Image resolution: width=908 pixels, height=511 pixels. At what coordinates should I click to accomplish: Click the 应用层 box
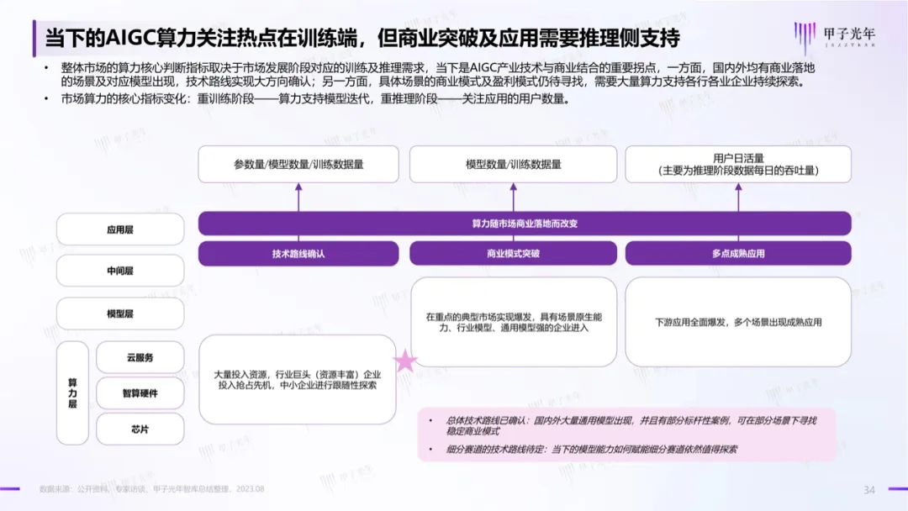click(120, 229)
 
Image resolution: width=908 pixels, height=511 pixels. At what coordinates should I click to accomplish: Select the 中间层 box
click(120, 271)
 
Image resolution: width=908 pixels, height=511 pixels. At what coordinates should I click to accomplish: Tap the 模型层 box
click(120, 313)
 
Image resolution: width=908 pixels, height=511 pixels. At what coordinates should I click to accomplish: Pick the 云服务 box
click(140, 358)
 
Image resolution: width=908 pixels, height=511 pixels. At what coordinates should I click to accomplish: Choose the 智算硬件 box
click(140, 393)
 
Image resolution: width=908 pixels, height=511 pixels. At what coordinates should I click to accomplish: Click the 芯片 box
click(140, 429)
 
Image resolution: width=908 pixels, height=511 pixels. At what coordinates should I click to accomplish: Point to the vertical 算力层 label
click(72, 393)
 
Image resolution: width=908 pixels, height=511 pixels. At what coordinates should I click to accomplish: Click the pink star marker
click(405, 361)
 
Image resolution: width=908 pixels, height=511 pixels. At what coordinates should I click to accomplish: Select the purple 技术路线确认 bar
click(298, 254)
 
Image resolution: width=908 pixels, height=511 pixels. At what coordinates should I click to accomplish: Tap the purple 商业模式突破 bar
click(513, 254)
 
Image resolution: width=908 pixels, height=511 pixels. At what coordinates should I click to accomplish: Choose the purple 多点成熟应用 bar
click(738, 254)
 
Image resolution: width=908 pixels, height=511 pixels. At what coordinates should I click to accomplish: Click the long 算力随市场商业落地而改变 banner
click(525, 224)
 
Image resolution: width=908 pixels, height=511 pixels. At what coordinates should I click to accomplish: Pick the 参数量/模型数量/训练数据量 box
click(298, 165)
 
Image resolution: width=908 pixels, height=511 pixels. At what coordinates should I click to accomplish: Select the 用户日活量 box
click(738, 165)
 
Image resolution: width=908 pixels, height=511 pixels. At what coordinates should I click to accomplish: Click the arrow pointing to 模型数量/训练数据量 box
click(513, 198)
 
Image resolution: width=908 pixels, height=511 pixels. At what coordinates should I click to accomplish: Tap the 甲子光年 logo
click(835, 36)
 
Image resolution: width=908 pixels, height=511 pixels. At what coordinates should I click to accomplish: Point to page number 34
click(869, 490)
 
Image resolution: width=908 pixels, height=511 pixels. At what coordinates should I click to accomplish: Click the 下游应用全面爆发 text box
click(738, 322)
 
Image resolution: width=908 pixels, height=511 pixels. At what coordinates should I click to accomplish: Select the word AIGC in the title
click(133, 38)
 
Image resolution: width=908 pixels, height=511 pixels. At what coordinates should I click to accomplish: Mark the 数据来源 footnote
click(151, 489)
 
